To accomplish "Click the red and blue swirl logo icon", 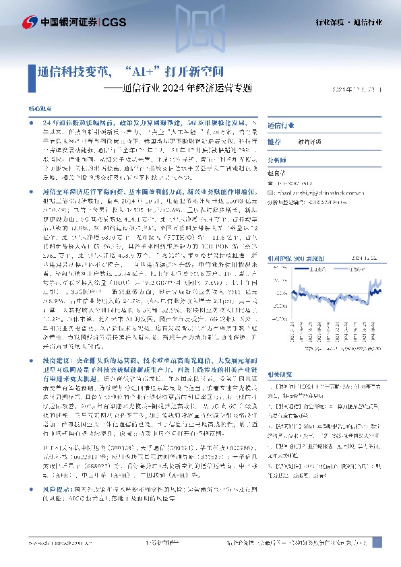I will (30, 23).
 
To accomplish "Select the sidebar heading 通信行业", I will (280, 125).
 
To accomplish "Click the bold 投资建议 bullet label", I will (55, 379).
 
